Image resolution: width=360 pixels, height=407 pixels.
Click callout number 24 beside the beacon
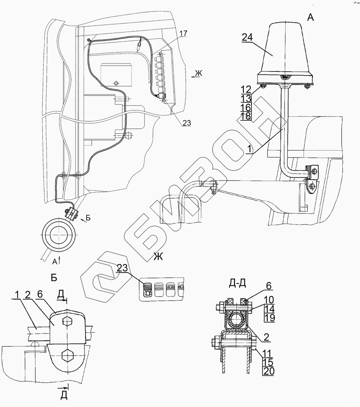click(247, 37)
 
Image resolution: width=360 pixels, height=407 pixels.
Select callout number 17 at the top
click(183, 34)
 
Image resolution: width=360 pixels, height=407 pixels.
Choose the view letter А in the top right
click(310, 17)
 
